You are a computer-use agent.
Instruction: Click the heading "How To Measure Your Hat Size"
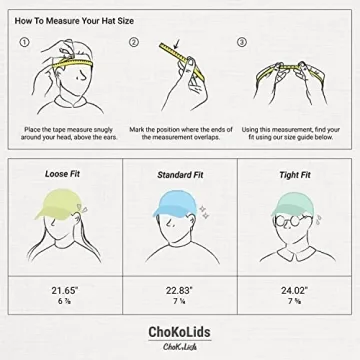[x=78, y=20]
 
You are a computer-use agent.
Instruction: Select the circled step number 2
[x=133, y=43]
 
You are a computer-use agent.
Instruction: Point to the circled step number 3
[x=241, y=43]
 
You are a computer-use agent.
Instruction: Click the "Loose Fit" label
[x=63, y=174]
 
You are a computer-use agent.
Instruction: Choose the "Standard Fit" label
[x=180, y=175]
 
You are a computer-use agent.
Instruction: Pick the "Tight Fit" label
[x=294, y=175]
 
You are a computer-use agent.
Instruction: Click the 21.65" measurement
[x=64, y=291]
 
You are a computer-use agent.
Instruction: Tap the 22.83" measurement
[x=179, y=291]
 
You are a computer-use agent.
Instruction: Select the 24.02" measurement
[x=294, y=291]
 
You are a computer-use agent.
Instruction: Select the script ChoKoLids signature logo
[x=180, y=346]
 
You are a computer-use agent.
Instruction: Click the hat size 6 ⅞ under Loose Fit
[x=64, y=303]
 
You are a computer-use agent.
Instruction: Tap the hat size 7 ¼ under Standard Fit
[x=179, y=303]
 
